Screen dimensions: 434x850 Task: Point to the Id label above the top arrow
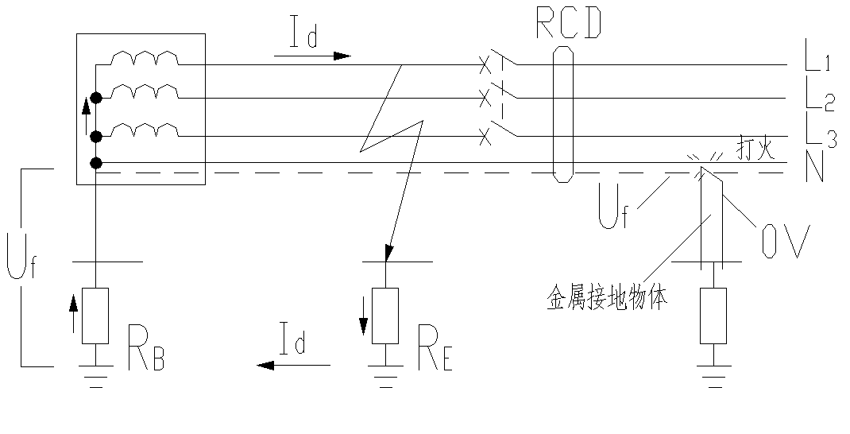pyautogui.click(x=303, y=36)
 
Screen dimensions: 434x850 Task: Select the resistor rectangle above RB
pyautogui.click(x=95, y=315)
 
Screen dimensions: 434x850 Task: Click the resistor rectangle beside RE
pyautogui.click(x=385, y=315)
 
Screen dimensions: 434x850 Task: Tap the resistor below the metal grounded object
pyautogui.click(x=713, y=315)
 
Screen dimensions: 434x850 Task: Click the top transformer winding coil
pyautogui.click(x=145, y=59)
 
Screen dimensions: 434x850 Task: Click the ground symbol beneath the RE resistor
pyautogui.click(x=385, y=378)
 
